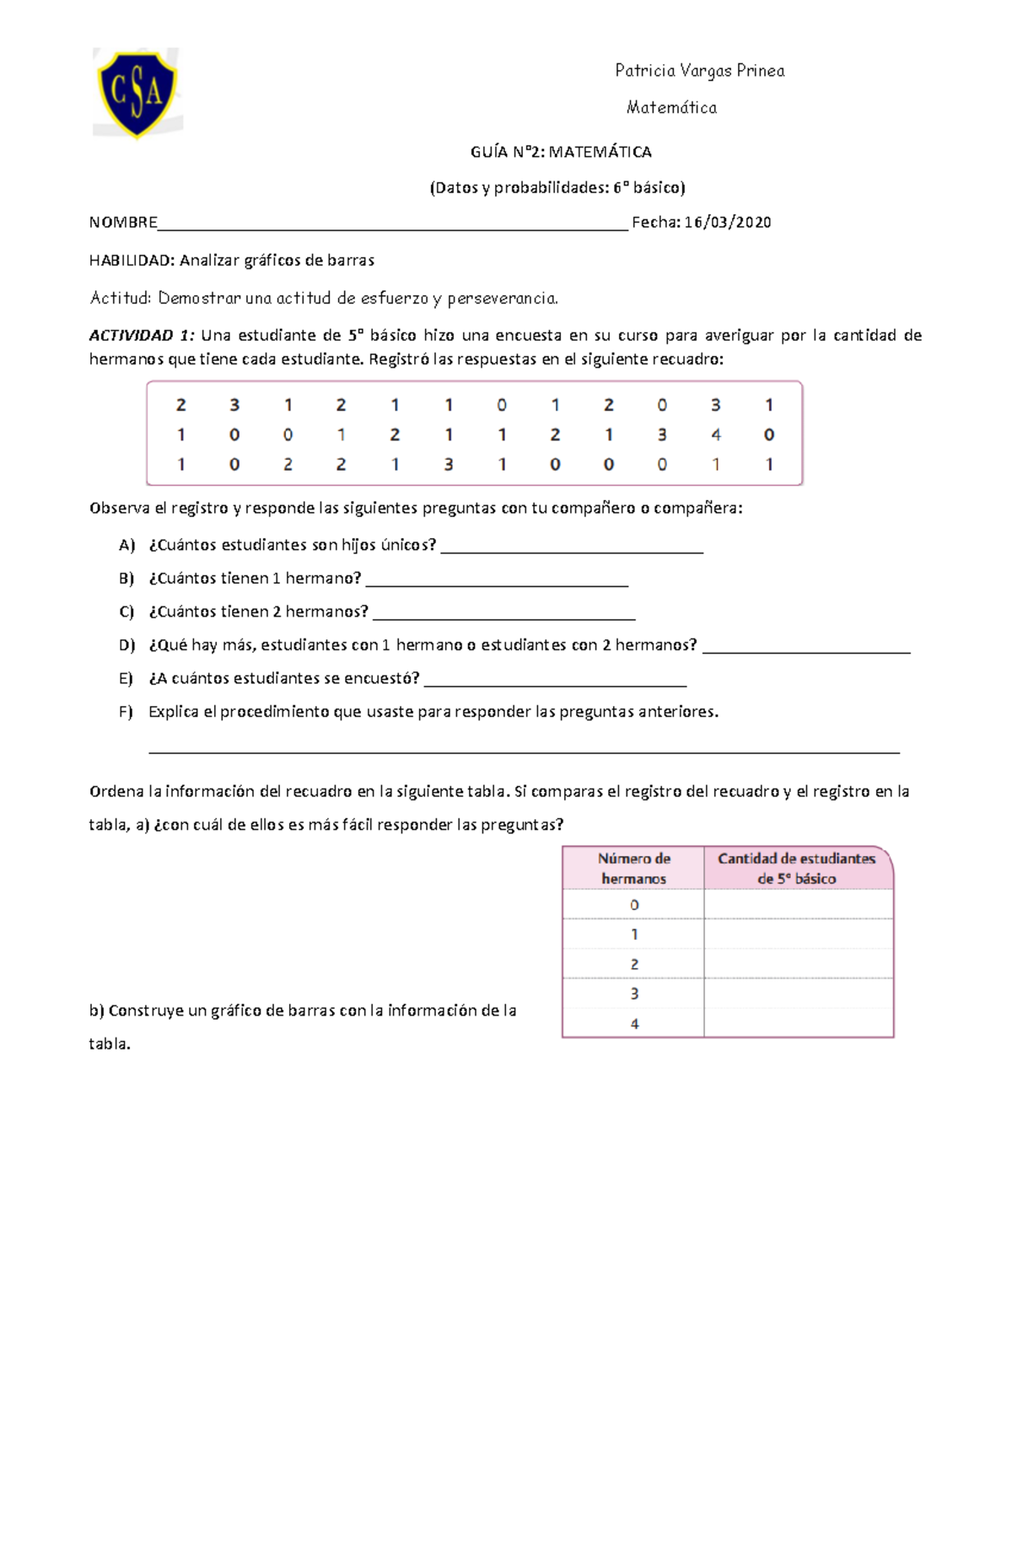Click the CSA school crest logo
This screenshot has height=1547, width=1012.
tap(137, 92)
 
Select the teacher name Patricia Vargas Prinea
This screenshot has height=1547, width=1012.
tap(699, 71)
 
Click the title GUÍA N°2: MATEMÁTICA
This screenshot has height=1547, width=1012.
tap(560, 152)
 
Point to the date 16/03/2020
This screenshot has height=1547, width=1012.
tap(728, 222)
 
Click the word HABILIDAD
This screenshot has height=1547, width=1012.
tap(131, 260)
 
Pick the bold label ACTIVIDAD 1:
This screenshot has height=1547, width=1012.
tap(142, 335)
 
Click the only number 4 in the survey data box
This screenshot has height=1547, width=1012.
tap(715, 435)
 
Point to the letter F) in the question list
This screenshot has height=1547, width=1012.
tap(126, 711)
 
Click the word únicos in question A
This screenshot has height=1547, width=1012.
tap(408, 545)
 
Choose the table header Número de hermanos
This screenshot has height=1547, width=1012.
tap(633, 868)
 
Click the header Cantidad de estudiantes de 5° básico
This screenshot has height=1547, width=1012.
tap(796, 868)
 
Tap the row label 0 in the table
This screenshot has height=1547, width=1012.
tap(634, 905)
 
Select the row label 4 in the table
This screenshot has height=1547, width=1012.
tap(634, 1023)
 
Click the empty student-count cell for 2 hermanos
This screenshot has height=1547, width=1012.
tap(798, 964)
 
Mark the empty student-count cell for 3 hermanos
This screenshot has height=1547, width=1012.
tap(798, 994)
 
